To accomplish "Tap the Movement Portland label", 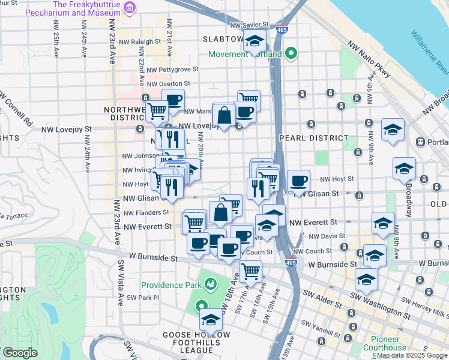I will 245,55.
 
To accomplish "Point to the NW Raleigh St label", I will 140,43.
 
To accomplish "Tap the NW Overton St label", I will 168,84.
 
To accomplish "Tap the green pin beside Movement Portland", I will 291,54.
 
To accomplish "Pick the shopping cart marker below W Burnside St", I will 250,271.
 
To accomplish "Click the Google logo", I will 19,353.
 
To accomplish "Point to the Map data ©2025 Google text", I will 412,355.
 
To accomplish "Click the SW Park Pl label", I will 143,297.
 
